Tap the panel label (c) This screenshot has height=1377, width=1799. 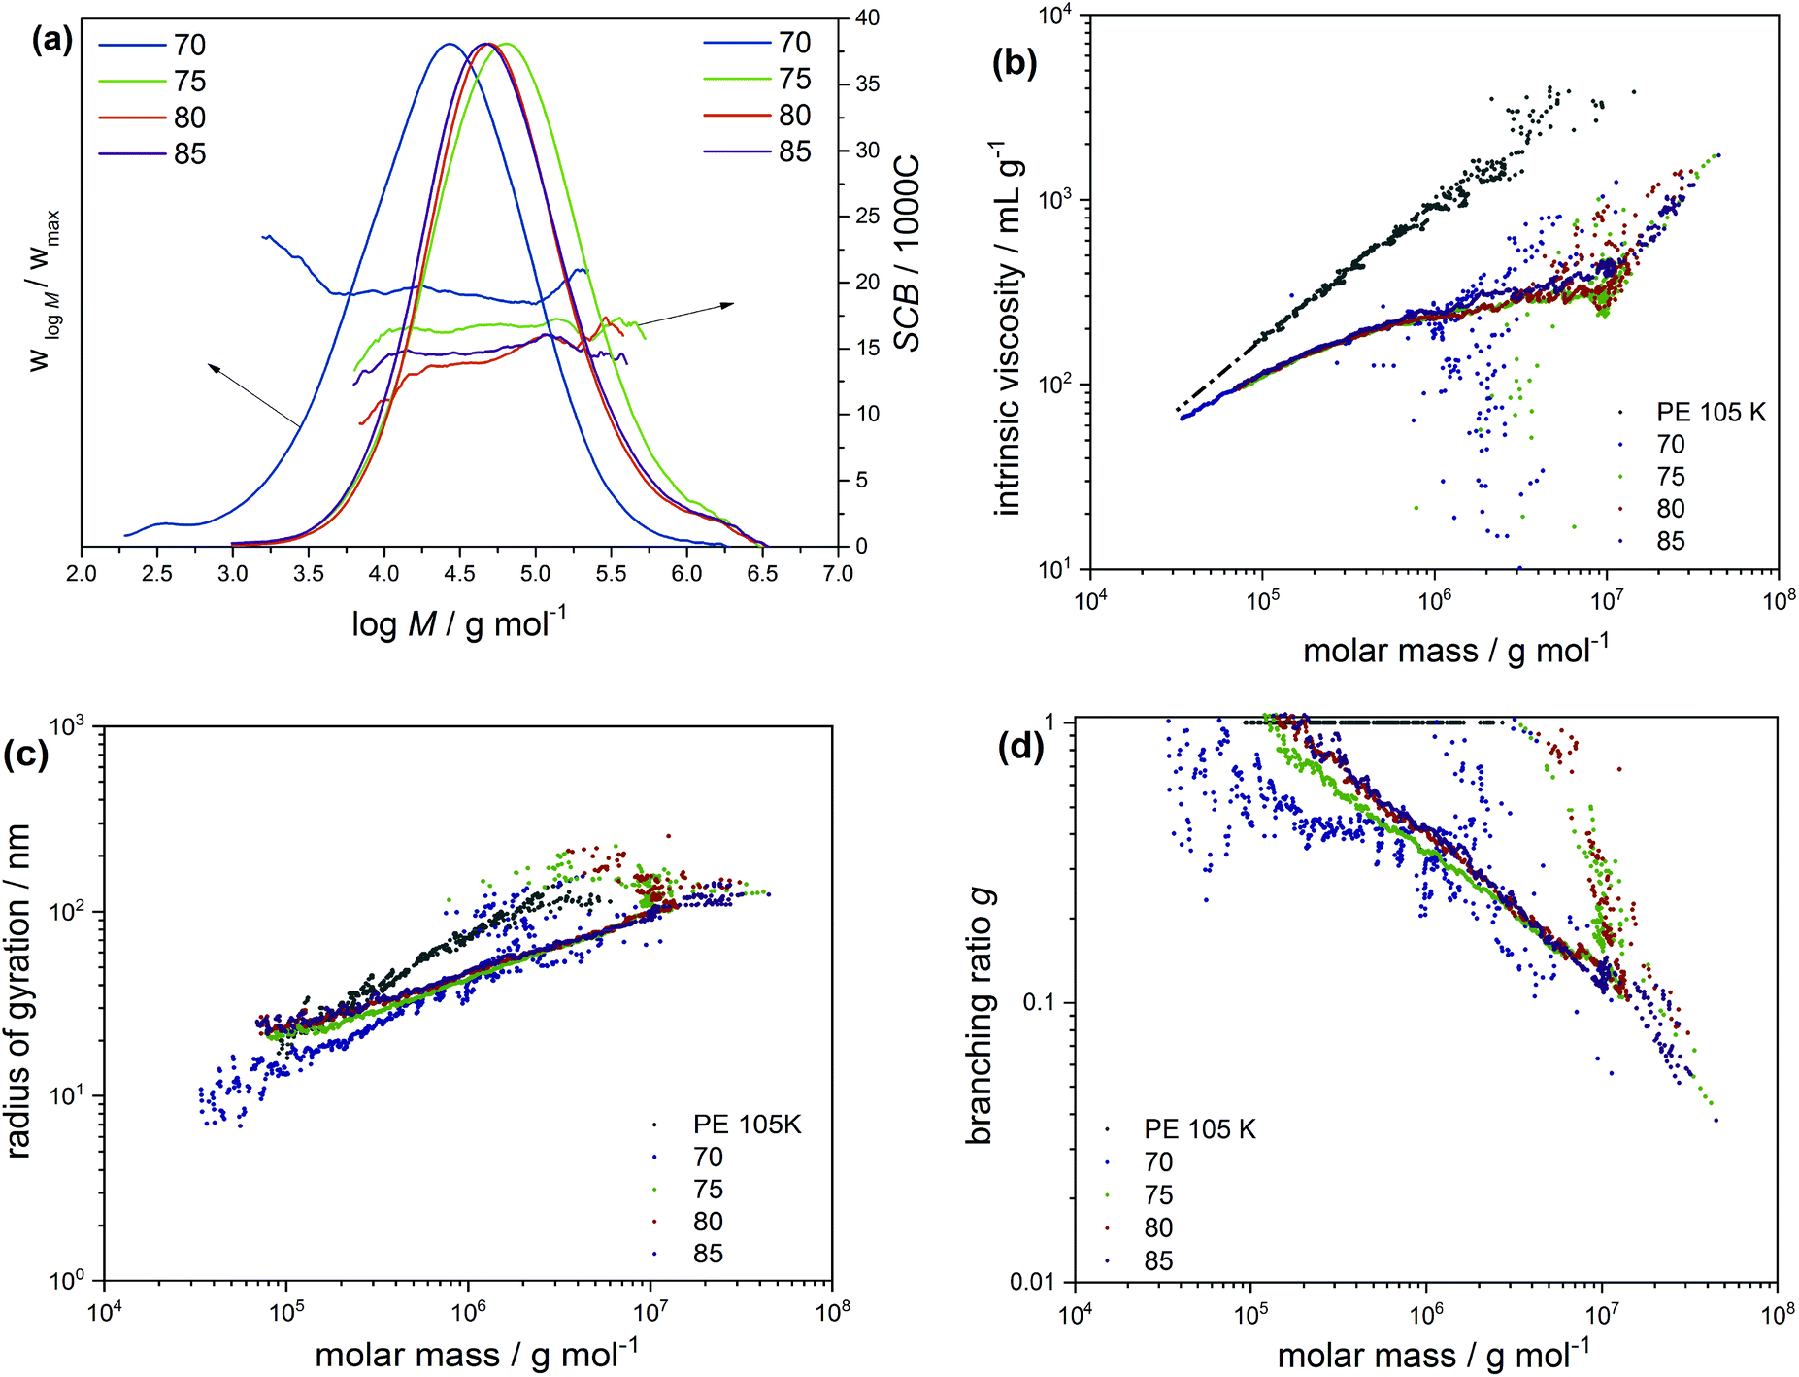click(x=26, y=753)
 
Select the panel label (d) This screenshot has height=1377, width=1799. click(x=1020, y=747)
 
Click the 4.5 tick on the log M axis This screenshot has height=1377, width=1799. click(x=459, y=574)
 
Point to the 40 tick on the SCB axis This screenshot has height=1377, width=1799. click(x=867, y=17)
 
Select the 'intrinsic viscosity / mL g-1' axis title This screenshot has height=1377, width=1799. click(x=1010, y=327)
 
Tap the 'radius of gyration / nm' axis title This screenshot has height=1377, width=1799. click(x=19, y=991)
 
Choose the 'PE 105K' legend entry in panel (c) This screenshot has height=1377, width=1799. click(x=747, y=1125)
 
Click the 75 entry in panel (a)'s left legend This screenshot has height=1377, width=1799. click(x=189, y=82)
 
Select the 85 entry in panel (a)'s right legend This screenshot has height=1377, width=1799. click(x=794, y=151)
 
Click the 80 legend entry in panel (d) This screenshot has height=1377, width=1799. click(x=1158, y=1228)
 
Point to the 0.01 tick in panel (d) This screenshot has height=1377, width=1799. click(x=1036, y=1282)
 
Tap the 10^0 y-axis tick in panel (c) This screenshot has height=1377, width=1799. click(x=68, y=1281)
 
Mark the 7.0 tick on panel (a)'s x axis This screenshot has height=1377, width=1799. click(x=838, y=574)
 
